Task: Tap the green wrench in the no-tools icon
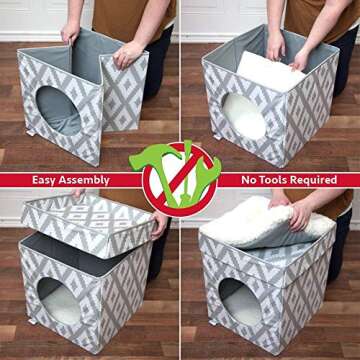pos(196,170)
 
